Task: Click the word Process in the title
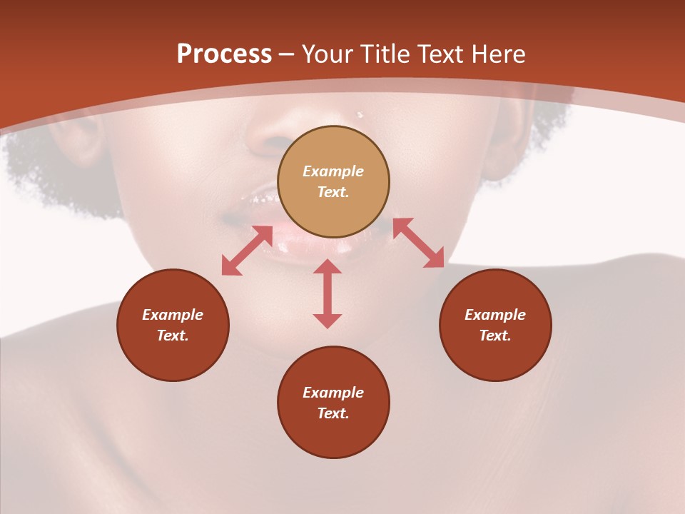[224, 54]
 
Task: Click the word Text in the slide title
[442, 54]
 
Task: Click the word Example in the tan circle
[333, 171]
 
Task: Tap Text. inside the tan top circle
[333, 192]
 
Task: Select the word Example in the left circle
[173, 315]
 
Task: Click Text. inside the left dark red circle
[173, 336]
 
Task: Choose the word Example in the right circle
[495, 315]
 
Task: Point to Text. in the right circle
[495, 336]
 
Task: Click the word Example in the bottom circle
[333, 393]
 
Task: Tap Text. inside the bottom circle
[333, 413]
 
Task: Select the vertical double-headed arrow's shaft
[328, 293]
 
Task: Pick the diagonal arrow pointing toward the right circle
[419, 243]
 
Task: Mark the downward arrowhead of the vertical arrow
[328, 321]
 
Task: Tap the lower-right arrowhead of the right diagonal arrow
[435, 259]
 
